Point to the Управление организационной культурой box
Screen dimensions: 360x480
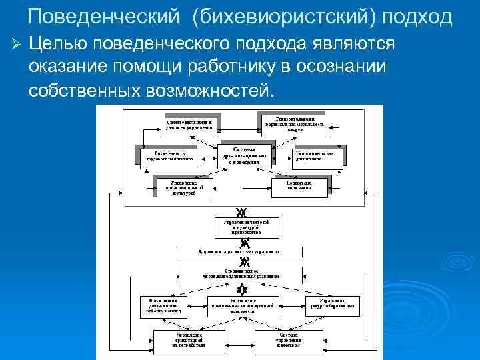[x=183, y=187]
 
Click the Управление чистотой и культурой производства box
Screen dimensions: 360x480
[x=241, y=226]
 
